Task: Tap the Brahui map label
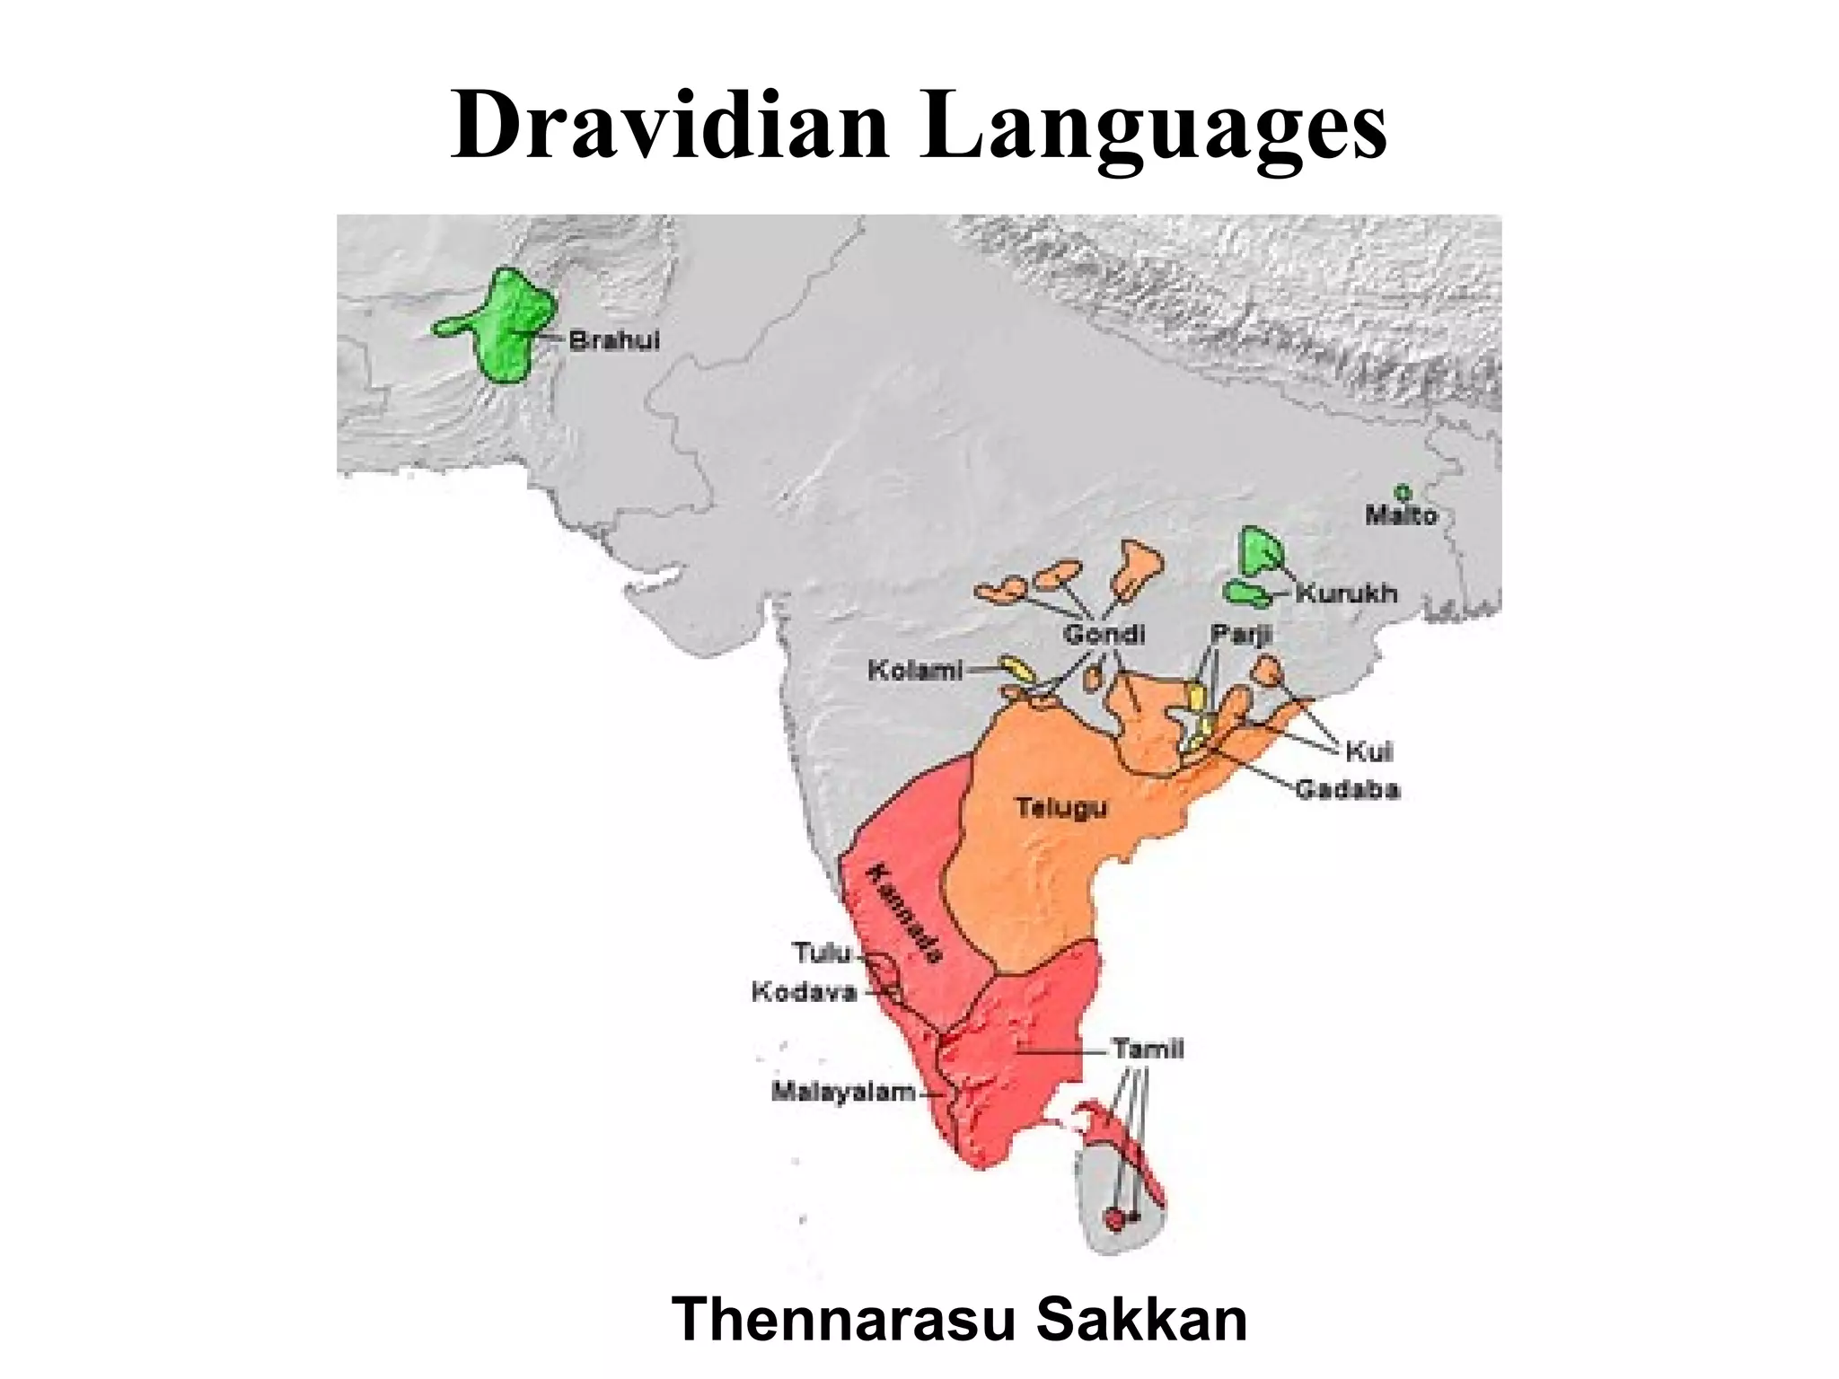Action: tap(615, 340)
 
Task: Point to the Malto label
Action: tap(1401, 515)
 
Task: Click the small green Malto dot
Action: tap(1402, 492)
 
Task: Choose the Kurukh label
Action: tap(1346, 593)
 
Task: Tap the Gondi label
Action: tap(1104, 635)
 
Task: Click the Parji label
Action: tap(1241, 635)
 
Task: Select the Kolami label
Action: tap(915, 670)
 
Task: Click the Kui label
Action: tap(1368, 751)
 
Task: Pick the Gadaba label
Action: tap(1347, 790)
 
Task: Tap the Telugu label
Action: tap(1061, 808)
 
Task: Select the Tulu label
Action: tap(821, 952)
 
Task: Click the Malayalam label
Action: tap(843, 1093)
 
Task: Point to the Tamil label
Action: tap(1148, 1049)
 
